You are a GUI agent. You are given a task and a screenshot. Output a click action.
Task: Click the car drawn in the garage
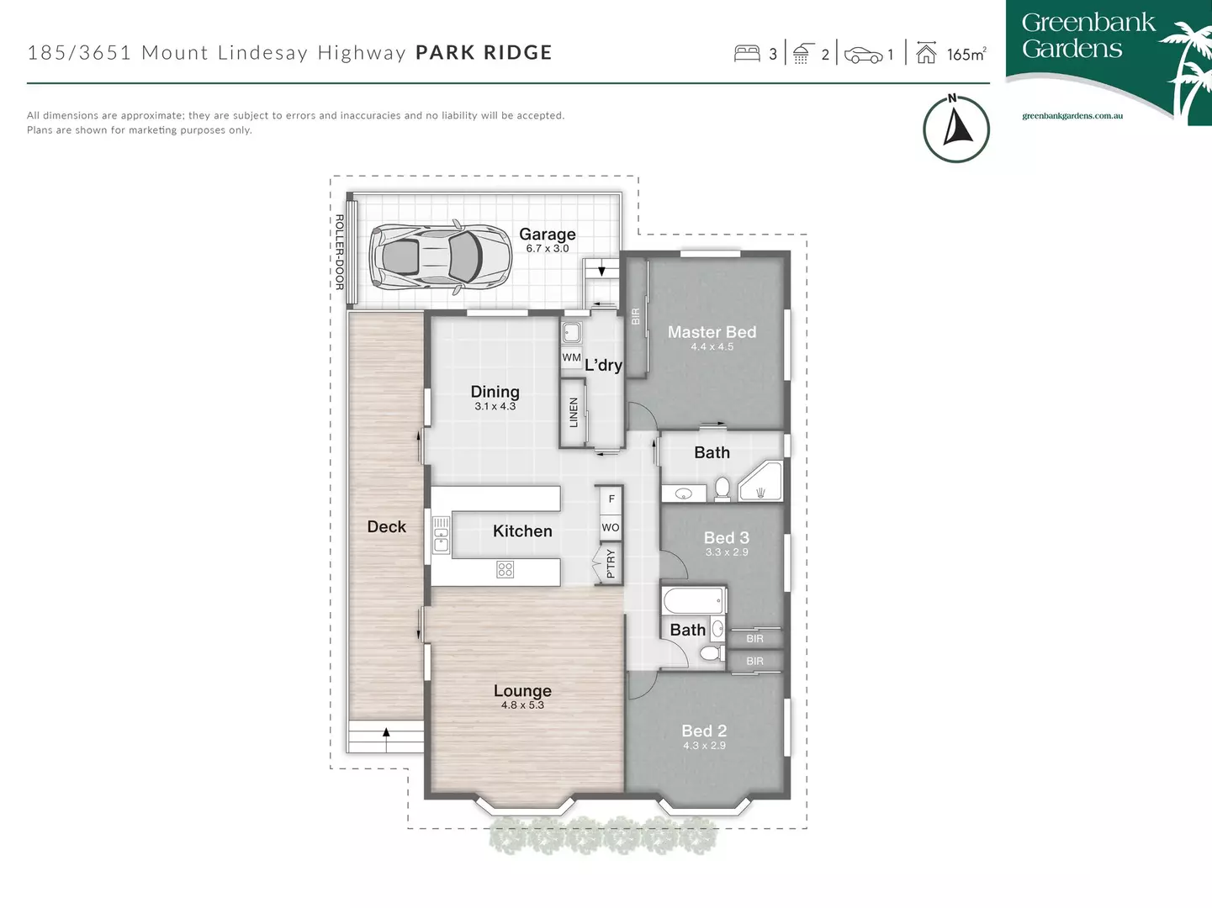[x=440, y=256]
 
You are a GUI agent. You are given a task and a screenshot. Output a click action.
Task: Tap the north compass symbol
[x=955, y=129]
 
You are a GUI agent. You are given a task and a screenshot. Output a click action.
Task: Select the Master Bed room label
[x=712, y=332]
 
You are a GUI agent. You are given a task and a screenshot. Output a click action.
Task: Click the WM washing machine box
[x=571, y=357]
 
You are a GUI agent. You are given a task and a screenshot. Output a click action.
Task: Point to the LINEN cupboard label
[x=574, y=413]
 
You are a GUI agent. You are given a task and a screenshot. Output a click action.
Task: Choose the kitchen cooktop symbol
[x=505, y=569]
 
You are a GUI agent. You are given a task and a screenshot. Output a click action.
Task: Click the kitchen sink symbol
[x=442, y=534]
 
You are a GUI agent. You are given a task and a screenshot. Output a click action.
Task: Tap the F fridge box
[x=611, y=499]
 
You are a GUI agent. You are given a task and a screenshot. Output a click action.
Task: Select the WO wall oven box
[x=611, y=528]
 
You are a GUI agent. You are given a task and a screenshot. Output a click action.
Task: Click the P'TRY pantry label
[x=611, y=563]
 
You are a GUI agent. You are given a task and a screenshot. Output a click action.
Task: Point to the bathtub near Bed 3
[x=693, y=601]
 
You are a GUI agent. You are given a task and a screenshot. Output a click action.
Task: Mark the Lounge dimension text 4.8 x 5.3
[x=522, y=705]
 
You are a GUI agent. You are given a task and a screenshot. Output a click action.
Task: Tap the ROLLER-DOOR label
[x=339, y=252]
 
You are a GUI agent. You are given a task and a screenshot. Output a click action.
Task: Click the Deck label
[x=386, y=527]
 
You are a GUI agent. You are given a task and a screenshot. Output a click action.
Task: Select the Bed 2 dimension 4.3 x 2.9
[x=704, y=746]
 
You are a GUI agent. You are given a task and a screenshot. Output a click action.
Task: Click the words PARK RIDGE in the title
[x=484, y=52]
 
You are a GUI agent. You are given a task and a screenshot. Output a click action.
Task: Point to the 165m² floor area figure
[x=966, y=55]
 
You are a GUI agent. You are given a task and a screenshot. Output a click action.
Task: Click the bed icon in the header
[x=747, y=54]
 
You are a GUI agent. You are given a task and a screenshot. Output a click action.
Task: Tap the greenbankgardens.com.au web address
[x=1072, y=116]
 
